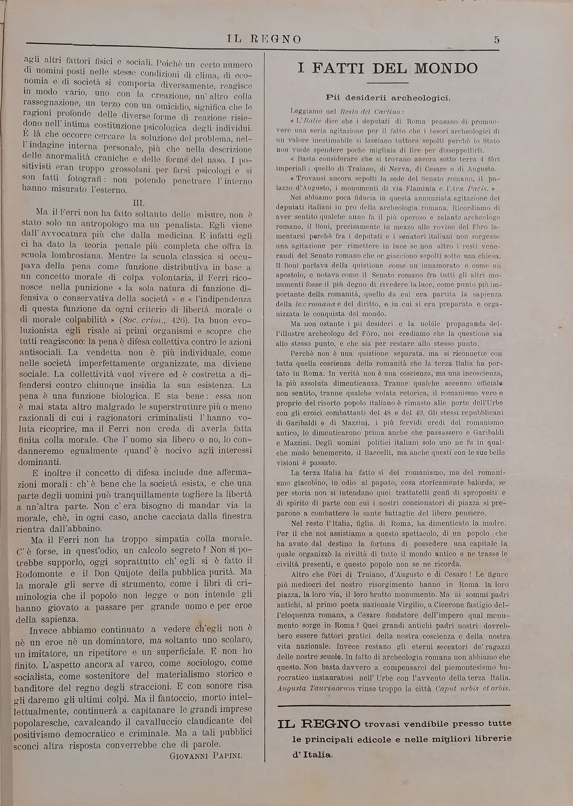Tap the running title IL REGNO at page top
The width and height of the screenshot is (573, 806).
pos(264,39)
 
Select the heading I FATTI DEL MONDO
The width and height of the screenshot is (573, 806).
pos(387,69)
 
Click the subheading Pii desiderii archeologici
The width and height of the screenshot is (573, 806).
pos(388,98)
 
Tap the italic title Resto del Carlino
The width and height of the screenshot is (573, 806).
pos(370,112)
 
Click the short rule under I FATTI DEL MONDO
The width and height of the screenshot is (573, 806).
pos(387,83)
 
